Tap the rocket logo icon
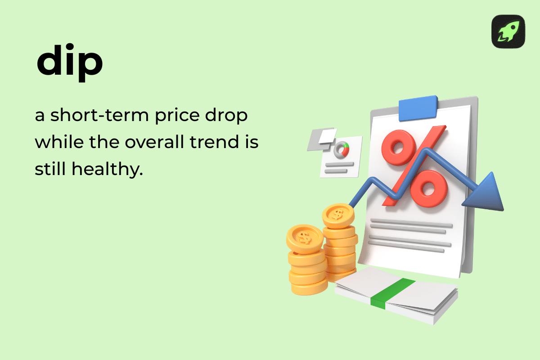[x=508, y=31]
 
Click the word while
[x=53, y=142]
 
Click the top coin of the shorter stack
[x=305, y=238]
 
